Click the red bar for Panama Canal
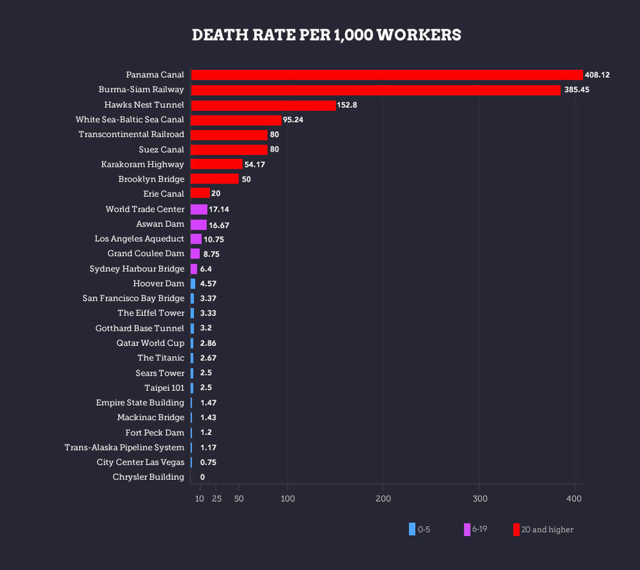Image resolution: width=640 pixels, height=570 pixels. (x=386, y=75)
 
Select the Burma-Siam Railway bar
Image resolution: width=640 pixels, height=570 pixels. (x=376, y=90)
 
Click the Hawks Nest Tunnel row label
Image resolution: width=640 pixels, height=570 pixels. (x=144, y=105)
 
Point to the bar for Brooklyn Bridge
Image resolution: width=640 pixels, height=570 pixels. (x=214, y=179)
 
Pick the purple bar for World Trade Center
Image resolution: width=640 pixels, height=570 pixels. (x=199, y=209)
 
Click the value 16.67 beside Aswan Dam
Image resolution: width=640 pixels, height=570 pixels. (x=219, y=224)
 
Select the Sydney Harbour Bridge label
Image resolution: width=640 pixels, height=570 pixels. (x=136, y=269)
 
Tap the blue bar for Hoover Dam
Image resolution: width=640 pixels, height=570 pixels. (x=193, y=284)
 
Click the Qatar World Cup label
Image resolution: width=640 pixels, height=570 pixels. (x=150, y=343)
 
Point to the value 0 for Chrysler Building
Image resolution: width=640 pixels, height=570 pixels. (x=202, y=477)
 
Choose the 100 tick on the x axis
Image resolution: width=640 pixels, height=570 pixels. (x=287, y=499)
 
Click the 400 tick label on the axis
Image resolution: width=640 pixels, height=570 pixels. (x=574, y=499)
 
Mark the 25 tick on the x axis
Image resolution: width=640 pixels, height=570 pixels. (x=217, y=499)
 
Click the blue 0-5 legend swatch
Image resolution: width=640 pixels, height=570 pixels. (x=412, y=529)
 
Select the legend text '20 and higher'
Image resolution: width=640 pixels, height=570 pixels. (x=547, y=529)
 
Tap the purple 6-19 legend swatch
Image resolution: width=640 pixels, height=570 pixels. (x=467, y=529)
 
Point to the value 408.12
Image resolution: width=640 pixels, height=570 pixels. (x=597, y=75)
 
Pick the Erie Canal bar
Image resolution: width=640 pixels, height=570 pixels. (x=200, y=193)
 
